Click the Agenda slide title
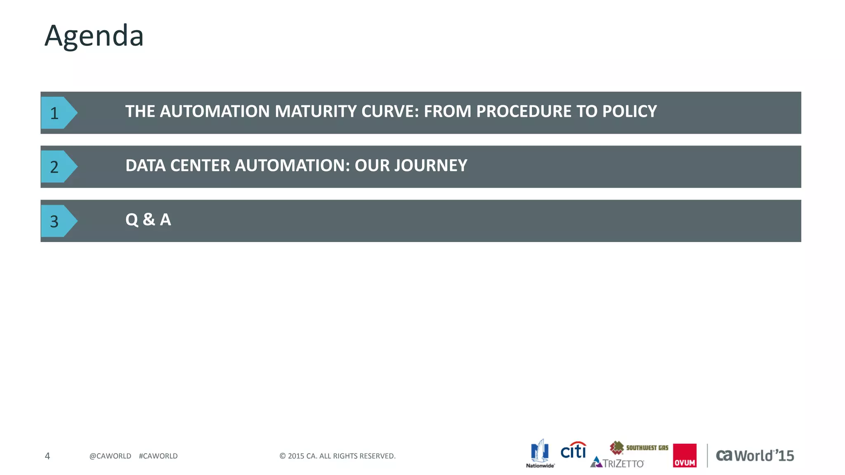click(94, 36)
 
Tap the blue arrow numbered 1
click(57, 113)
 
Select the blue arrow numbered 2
click(57, 167)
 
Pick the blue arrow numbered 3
click(57, 221)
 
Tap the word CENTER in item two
click(200, 165)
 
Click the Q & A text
click(148, 219)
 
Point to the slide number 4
click(47, 456)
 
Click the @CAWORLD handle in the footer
click(110, 456)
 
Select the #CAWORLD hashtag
click(158, 456)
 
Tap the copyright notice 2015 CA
click(338, 456)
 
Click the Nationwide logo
click(540, 454)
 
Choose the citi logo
click(574, 451)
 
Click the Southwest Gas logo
click(639, 447)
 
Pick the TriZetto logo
click(617, 463)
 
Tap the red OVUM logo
click(684, 456)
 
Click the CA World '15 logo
click(755, 456)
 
